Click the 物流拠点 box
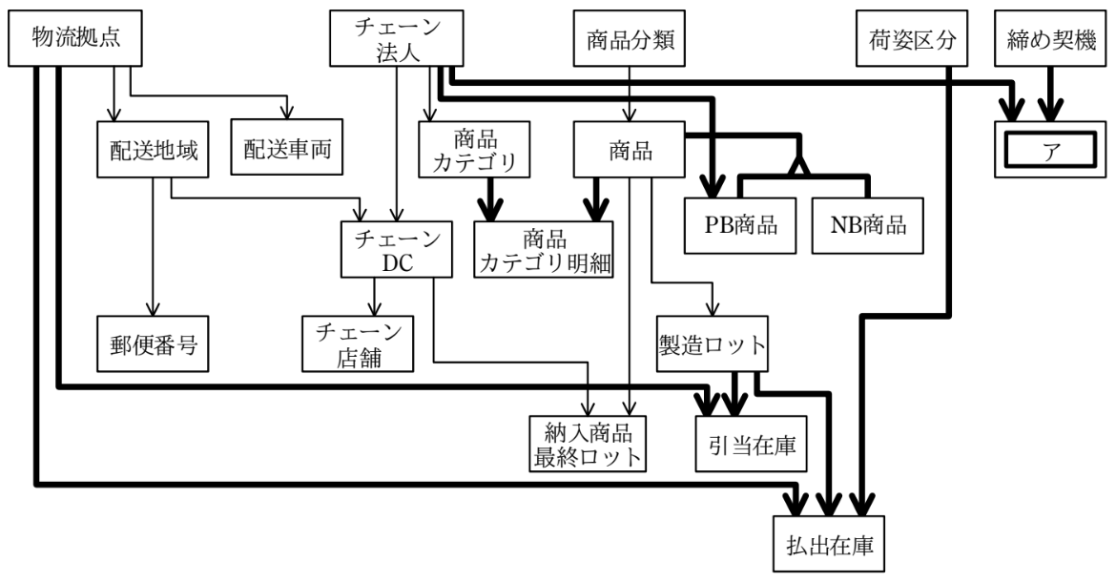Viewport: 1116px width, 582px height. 75,38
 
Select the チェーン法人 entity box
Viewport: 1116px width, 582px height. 397,38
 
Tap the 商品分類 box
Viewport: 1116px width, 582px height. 630,38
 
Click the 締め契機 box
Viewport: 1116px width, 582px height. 1050,38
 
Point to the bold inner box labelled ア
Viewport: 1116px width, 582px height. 1050,150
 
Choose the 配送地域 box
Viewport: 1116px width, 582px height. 153,150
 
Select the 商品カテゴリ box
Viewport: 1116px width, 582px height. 474,150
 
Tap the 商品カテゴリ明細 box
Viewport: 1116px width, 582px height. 544,249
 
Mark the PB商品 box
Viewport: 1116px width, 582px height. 740,225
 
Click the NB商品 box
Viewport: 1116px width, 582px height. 868,225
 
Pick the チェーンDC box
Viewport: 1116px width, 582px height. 397,249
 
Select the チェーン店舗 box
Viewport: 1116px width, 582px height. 358,343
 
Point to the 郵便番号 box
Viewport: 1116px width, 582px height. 153,343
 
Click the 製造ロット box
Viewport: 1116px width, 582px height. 713,343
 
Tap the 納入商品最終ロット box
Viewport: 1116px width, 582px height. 589,444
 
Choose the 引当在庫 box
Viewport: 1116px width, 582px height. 752,444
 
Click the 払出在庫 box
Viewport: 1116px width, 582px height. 829,544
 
